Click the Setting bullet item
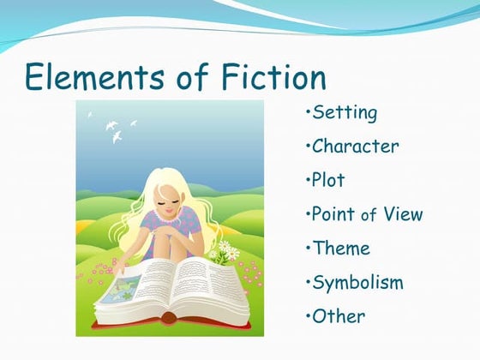pyautogui.click(x=345, y=112)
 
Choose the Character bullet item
pyautogui.click(x=355, y=147)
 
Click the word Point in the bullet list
pyautogui.click(x=334, y=214)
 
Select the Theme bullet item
pyautogui.click(x=341, y=249)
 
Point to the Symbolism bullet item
pyautogui.click(x=357, y=283)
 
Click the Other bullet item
pyautogui.click(x=339, y=315)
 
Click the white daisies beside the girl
pyautogui.click(x=225, y=250)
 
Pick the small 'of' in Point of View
pyautogui.click(x=369, y=216)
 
